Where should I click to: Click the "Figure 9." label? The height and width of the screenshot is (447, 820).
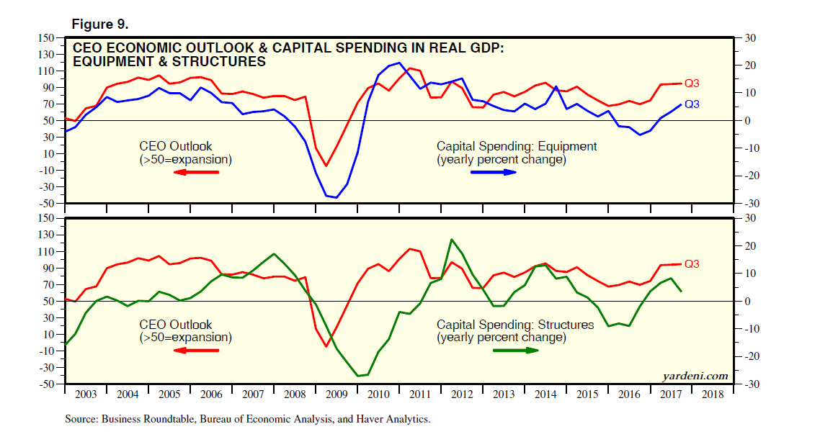point(99,24)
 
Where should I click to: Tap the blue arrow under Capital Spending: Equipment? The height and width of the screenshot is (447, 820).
point(494,172)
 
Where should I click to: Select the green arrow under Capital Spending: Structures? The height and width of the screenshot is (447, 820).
point(515,351)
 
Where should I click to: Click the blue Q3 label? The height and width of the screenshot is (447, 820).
point(691,104)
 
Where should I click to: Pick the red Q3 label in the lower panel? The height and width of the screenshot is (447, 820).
point(691,264)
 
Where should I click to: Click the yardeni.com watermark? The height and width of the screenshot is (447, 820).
point(695,376)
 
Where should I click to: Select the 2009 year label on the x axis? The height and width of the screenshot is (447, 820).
point(337,395)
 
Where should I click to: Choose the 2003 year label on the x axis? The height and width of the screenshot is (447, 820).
point(86,395)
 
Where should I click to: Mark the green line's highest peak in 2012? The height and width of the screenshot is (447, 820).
point(451,240)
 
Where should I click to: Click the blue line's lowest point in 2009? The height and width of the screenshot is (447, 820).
point(336,198)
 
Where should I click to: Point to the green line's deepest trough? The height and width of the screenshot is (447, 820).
point(358,376)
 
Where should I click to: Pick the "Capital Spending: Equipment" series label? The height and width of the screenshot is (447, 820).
point(516,146)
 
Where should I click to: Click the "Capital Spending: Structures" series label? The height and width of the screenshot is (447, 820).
point(515,325)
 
